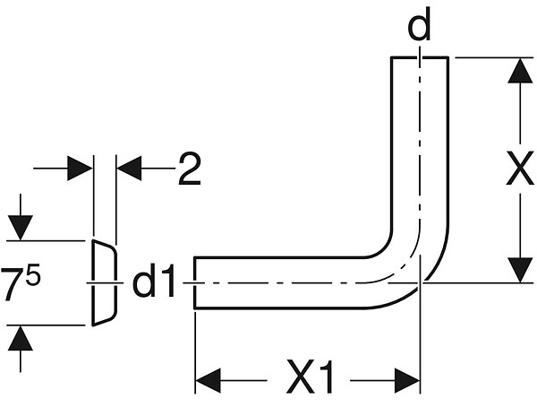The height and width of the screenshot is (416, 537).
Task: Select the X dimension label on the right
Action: pos(520,168)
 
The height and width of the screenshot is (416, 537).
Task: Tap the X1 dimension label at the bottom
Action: pos(310,377)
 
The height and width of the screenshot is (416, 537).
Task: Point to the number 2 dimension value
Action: pos(190,169)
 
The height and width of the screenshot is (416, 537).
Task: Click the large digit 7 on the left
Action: pos(13,284)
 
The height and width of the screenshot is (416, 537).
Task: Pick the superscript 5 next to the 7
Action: pos(34,273)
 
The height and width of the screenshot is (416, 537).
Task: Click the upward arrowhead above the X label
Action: pos(520,71)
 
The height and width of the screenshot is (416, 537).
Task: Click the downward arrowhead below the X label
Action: pos(520,270)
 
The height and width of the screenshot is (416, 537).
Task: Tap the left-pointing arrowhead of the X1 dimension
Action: pos(208,381)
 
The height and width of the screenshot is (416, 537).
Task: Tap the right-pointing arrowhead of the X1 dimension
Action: pos(407,381)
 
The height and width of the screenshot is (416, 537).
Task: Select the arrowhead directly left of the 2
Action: pos(129,169)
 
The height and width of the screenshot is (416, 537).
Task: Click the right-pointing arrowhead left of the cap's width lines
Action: pos(80,169)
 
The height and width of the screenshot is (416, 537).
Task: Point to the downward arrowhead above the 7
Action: pos(21,228)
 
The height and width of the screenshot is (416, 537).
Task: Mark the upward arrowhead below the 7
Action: pos(21,338)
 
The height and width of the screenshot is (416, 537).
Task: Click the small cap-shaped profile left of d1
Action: pos(104,283)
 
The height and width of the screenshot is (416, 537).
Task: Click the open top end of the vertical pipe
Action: pos(420,57)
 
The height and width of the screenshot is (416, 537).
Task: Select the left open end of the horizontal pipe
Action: pos(194,283)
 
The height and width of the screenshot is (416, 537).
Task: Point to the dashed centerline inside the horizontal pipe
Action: pos(274,283)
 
